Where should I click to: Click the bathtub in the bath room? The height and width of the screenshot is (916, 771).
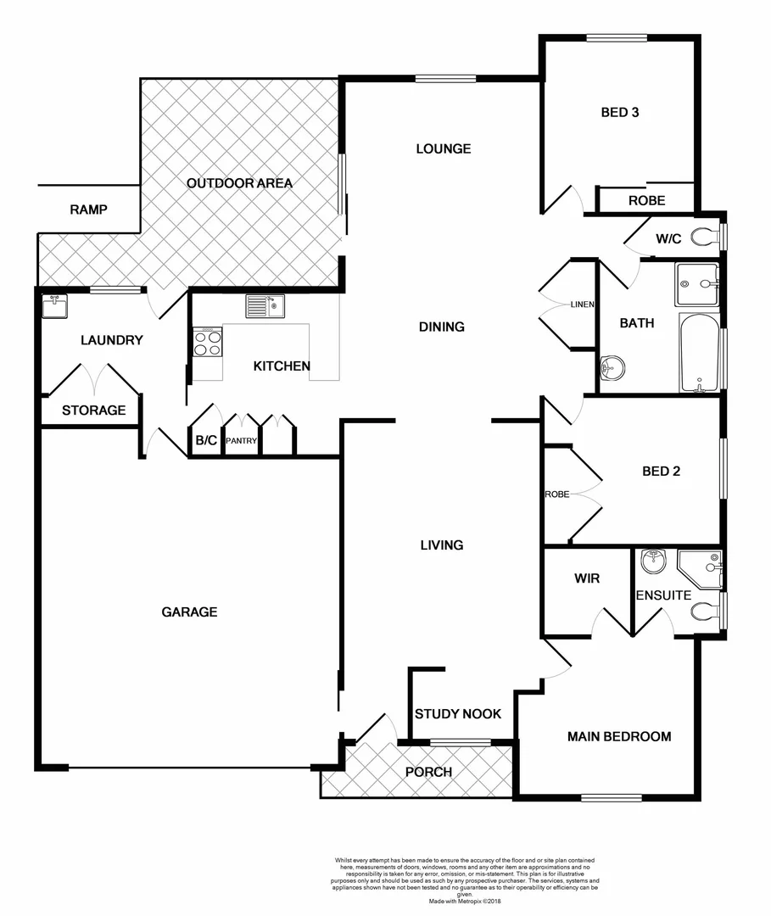click(x=700, y=352)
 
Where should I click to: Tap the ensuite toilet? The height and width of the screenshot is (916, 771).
click(x=706, y=612)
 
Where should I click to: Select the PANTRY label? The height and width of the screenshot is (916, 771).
click(x=242, y=441)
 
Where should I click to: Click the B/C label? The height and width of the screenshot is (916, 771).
click(x=206, y=441)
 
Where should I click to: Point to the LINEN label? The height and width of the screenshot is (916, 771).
click(x=582, y=304)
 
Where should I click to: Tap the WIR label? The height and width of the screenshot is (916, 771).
click(x=587, y=578)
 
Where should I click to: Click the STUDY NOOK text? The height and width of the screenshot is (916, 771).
click(x=458, y=714)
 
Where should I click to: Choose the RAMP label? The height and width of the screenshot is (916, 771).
click(x=88, y=209)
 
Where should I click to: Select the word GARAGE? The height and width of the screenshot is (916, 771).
click(x=190, y=612)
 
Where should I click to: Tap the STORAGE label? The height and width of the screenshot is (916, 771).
click(x=93, y=411)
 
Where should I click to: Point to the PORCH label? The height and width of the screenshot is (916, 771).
click(x=428, y=772)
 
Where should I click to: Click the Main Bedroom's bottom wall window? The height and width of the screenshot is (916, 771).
click(x=612, y=797)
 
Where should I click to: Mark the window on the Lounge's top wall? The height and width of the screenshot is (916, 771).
click(x=446, y=79)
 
